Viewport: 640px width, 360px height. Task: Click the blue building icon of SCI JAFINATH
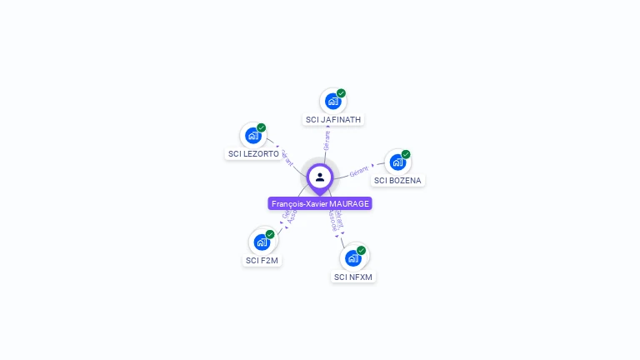click(x=332, y=102)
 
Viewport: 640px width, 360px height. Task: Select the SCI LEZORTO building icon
click(x=252, y=136)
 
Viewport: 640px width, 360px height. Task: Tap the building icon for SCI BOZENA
click(x=397, y=162)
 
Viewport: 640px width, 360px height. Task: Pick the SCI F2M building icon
click(x=262, y=242)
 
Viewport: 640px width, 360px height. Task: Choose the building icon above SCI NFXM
click(x=353, y=258)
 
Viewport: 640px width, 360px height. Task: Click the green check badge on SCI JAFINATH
click(x=341, y=93)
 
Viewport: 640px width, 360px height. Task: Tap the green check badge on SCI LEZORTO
click(x=262, y=127)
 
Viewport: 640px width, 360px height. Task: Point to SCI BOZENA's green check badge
click(x=406, y=154)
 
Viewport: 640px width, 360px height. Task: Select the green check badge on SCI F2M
click(x=270, y=234)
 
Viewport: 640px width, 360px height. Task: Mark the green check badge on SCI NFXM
click(x=362, y=250)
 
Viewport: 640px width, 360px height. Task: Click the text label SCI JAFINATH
click(x=333, y=120)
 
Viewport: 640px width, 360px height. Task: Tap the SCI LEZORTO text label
click(x=253, y=154)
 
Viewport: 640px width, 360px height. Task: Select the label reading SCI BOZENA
click(x=397, y=181)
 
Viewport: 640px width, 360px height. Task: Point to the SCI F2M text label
click(x=262, y=261)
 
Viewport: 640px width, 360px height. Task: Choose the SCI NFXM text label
click(x=353, y=277)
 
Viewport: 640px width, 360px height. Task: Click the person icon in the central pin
click(x=320, y=177)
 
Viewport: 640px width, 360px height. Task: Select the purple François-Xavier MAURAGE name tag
click(x=320, y=203)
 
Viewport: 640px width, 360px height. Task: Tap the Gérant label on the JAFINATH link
click(x=327, y=139)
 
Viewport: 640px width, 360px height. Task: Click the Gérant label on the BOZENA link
click(x=359, y=171)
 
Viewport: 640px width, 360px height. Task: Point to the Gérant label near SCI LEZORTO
click(x=287, y=157)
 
